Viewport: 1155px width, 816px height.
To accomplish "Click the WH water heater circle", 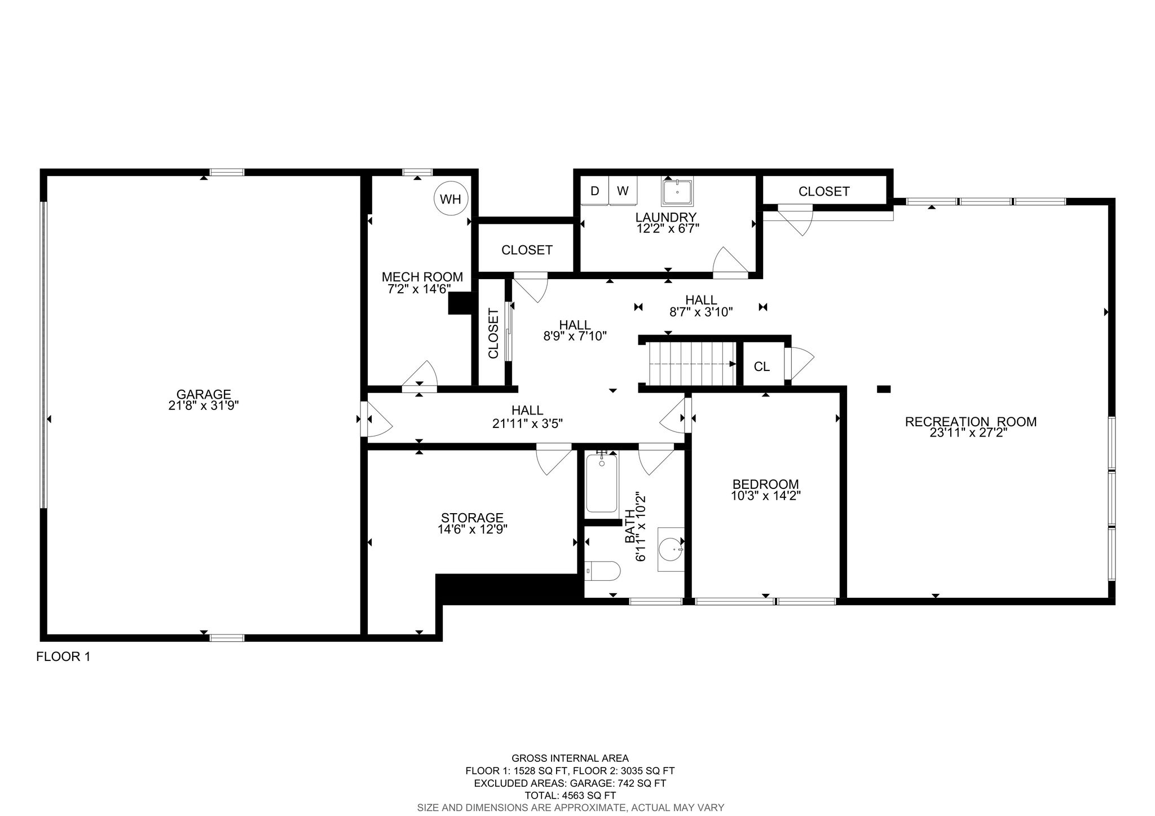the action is (451, 199).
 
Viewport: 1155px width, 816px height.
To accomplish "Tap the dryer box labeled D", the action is (595, 191).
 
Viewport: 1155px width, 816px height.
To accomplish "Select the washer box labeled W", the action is (623, 191).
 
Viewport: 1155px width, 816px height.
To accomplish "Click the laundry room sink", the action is (677, 191).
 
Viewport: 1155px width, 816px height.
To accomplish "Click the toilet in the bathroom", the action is (602, 571).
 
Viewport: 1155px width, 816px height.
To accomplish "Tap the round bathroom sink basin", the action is (671, 549).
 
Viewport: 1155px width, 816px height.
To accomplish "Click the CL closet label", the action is (762, 367).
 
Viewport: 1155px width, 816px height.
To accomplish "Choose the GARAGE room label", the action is (204, 394).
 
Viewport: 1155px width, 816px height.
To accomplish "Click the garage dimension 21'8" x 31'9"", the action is (204, 405).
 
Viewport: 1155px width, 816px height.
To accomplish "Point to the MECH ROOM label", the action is (422, 277).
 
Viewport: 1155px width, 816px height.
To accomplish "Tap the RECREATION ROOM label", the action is (971, 421).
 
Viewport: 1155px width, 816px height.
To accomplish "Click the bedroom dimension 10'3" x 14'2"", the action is (765, 496).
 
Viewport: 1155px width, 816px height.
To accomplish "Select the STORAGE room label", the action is (472, 518).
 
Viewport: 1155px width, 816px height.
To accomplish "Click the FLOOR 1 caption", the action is (63, 656).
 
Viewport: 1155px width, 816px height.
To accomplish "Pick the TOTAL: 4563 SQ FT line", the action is (570, 796).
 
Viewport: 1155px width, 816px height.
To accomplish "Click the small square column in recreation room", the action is (884, 389).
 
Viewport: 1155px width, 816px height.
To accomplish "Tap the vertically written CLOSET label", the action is (493, 333).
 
